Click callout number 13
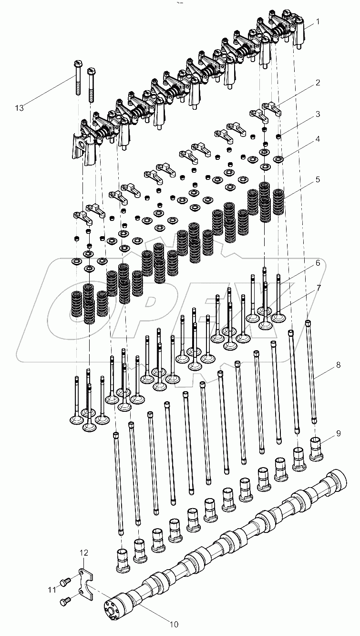tap(19, 108)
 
